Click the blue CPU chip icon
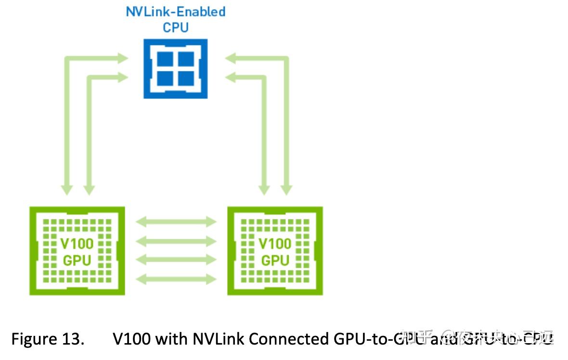click(x=176, y=68)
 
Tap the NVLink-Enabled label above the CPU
click(x=176, y=11)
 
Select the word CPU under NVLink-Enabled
click(x=176, y=27)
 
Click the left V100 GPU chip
click(x=77, y=251)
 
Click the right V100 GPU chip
click(x=275, y=251)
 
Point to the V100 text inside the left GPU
click(x=77, y=243)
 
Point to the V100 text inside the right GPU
click(x=275, y=243)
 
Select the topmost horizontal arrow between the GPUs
click(x=176, y=222)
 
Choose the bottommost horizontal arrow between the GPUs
click(x=176, y=279)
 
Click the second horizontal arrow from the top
click(x=176, y=241)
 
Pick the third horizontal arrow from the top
click(x=176, y=260)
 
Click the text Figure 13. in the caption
click(x=47, y=339)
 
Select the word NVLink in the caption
click(x=219, y=339)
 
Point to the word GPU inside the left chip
click(x=77, y=260)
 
